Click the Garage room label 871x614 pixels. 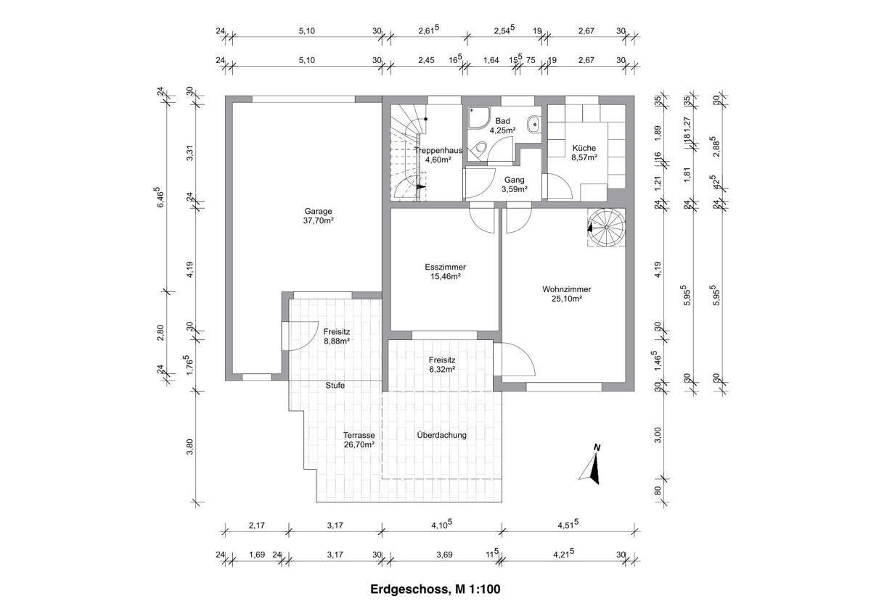(319, 212)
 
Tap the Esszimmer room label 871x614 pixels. (445, 267)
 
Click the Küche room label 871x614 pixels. (584, 147)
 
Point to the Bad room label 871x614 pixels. (502, 121)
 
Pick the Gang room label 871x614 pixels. (513, 180)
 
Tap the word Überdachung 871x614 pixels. (441, 435)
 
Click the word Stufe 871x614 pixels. (335, 386)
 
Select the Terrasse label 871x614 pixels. (359, 435)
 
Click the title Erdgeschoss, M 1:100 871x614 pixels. (435, 590)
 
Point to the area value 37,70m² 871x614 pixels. (319, 221)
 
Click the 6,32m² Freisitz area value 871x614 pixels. (441, 368)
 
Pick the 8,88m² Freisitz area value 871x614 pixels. (337, 341)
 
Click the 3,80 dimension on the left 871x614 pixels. (190, 448)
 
